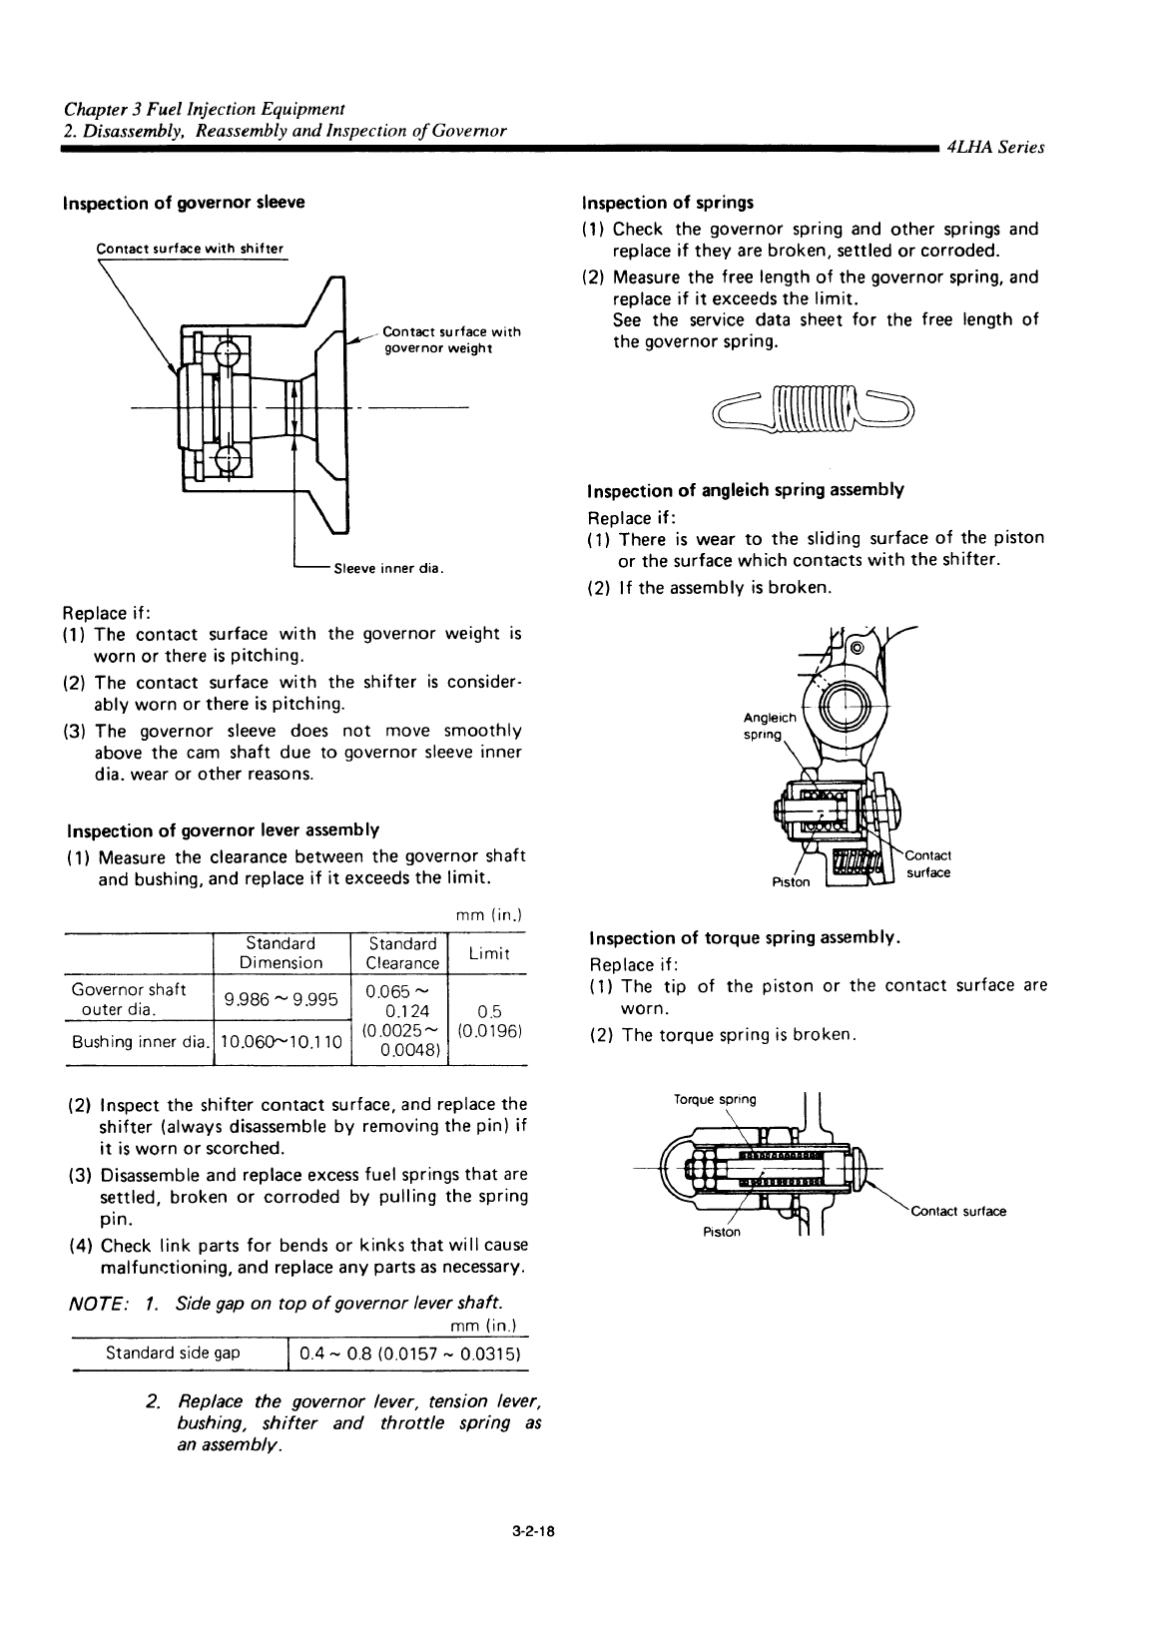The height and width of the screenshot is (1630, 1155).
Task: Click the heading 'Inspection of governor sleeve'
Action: (x=184, y=203)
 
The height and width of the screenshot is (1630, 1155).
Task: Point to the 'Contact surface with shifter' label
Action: (x=190, y=249)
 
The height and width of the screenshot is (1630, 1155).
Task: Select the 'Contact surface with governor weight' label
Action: (x=451, y=339)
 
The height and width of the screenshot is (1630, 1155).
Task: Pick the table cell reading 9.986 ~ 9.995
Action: (x=282, y=999)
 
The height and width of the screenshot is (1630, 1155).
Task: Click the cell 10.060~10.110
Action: (x=282, y=1042)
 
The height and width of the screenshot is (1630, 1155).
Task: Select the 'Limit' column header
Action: (x=488, y=953)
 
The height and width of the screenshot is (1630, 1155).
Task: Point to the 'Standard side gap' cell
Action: (x=173, y=1354)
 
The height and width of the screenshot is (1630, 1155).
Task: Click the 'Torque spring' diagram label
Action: (x=715, y=1100)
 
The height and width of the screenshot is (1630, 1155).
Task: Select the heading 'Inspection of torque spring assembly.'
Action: (x=746, y=938)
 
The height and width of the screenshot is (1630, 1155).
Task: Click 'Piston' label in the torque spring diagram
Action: (x=722, y=1232)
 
